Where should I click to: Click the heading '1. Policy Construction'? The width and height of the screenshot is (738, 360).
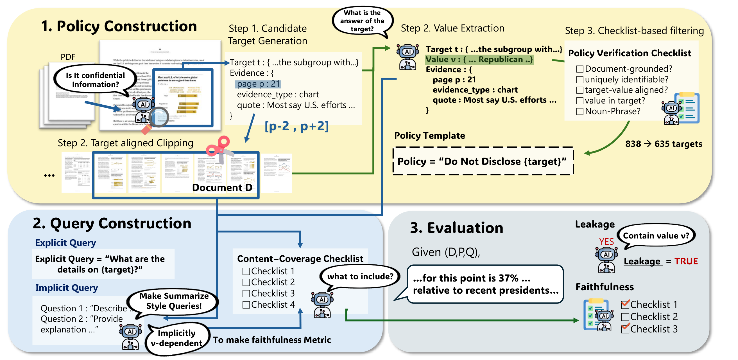click(119, 26)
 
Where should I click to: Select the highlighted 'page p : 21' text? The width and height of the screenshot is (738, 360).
click(258, 84)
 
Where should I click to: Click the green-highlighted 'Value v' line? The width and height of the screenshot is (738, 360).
click(479, 60)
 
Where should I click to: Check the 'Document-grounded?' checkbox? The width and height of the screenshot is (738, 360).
click(579, 69)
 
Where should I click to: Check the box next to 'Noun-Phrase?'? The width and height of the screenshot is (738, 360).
click(579, 111)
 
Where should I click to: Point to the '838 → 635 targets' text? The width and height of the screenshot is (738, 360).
click(663, 144)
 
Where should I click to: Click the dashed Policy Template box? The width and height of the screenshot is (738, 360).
click(483, 161)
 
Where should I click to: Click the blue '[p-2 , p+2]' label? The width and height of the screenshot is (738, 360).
click(296, 126)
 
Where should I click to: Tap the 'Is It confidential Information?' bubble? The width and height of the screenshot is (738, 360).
click(95, 80)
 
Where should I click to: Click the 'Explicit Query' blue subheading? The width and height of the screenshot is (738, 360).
click(65, 243)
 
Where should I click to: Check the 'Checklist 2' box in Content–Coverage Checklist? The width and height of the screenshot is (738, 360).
click(246, 282)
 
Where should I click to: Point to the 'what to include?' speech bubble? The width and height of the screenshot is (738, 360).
click(360, 276)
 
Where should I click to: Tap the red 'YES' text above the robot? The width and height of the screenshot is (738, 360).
click(606, 242)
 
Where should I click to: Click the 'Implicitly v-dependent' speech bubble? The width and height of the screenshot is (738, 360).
click(177, 338)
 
